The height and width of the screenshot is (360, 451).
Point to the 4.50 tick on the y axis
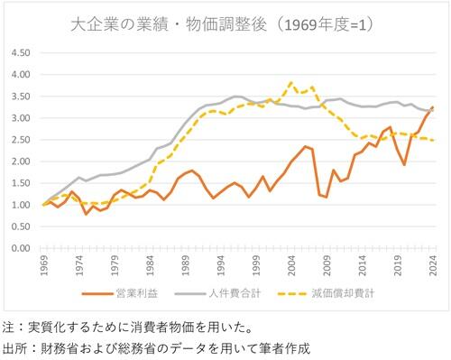click(20, 52)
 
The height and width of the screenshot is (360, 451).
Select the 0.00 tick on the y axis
click(20, 248)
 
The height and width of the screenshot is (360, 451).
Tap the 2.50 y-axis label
click(20, 140)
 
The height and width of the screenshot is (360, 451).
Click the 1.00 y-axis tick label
click(20, 205)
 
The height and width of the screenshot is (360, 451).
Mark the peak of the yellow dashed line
click(290, 83)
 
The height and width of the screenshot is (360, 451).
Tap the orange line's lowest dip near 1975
click(87, 214)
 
